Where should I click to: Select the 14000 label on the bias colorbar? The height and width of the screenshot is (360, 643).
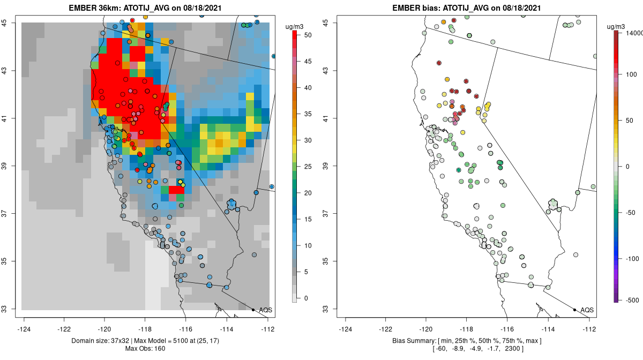[x=632, y=33]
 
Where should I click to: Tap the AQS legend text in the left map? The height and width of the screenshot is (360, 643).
[x=265, y=310]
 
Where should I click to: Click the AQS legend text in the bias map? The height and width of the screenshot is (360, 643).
[x=587, y=310]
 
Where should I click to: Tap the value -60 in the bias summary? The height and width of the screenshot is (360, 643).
[x=443, y=349]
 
